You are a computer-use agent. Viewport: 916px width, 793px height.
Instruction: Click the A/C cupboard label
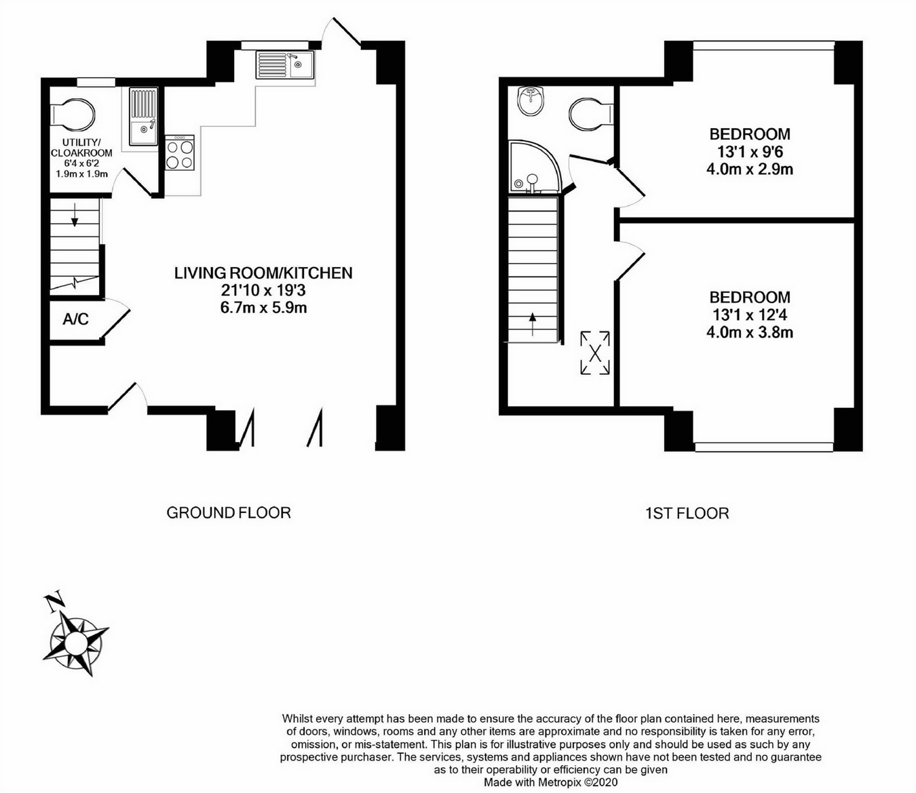pos(75,319)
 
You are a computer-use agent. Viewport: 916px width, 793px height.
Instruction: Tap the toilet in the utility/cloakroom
pos(73,114)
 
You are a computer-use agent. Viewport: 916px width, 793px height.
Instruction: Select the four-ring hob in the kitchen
pos(180,153)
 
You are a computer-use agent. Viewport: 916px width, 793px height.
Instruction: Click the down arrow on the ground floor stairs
pos(74,217)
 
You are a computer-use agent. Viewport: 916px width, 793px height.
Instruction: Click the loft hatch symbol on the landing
pos(595,352)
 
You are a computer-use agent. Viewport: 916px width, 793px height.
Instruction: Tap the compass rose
pos(75,641)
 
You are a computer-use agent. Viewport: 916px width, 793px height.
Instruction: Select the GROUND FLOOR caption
pos(229,513)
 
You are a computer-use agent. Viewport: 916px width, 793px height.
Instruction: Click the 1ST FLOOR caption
pos(687,514)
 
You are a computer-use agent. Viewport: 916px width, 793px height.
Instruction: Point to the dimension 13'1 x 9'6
pos(750,152)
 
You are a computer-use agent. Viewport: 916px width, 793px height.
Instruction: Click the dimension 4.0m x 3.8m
pos(750,333)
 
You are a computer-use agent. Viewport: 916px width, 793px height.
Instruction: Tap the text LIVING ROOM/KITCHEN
pos(263,273)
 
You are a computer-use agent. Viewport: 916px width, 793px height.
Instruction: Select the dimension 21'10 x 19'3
pos(263,291)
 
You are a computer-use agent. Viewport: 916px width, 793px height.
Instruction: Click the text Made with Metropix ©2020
pos(550,782)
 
